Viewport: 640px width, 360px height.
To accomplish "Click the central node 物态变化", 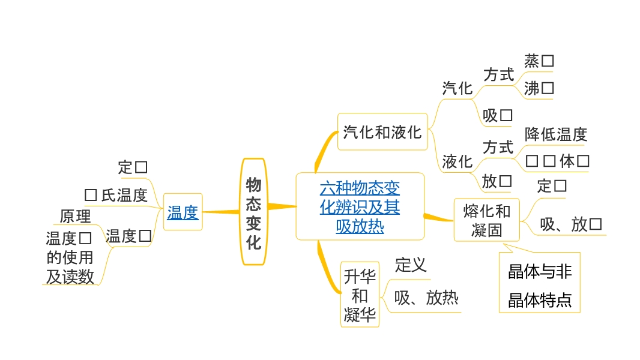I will point(253,212).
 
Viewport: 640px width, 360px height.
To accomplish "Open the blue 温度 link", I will point(183,212).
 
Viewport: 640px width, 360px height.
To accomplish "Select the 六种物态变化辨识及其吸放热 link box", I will point(360,207).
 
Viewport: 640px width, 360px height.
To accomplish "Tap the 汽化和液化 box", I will point(382,131).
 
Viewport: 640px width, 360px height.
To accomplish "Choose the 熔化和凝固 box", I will point(487,220).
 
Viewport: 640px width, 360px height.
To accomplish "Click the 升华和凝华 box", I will point(360,295).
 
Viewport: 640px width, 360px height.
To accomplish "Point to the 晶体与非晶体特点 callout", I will point(540,285).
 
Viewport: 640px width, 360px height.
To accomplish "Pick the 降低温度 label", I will point(555,134).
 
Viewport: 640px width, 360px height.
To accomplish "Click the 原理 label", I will point(75,216).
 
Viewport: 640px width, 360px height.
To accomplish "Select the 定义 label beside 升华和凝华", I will point(411,265).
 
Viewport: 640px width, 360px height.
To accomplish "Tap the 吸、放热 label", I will point(426,298).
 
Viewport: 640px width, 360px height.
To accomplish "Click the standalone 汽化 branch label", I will point(457,88).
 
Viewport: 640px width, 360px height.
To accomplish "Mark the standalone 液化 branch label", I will point(457,161).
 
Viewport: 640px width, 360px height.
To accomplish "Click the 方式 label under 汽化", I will point(498,74).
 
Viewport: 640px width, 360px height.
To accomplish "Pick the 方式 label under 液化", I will point(498,147).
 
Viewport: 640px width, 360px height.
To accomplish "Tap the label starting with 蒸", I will point(539,61).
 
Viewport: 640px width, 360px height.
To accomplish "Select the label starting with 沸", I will point(539,88).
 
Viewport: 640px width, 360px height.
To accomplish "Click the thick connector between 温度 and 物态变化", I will point(221,211).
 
